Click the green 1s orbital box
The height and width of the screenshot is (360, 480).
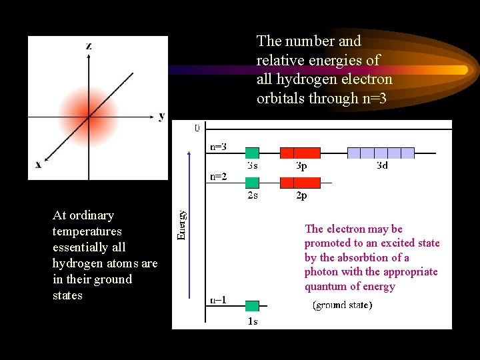pos(252,306)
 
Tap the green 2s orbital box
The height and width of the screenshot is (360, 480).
pos(252,182)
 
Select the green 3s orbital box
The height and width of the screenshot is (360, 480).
pos(252,153)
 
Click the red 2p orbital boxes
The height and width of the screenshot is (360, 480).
pos(300,182)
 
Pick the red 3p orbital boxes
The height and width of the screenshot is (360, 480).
pos(300,153)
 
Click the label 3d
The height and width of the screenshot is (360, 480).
pos(381,165)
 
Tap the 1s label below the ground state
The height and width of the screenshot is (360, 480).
pos(252,321)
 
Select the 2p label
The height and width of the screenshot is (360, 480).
pos(301,196)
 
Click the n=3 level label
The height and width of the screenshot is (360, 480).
pos(218,146)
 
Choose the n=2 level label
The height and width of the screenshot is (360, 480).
pos(218,177)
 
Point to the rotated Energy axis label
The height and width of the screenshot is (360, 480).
pos(181,225)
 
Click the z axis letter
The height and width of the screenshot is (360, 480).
pos(89,45)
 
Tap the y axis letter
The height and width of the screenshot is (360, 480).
pos(162,116)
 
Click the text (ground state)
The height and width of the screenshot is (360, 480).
pos(343,305)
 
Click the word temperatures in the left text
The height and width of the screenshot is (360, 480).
pos(87,231)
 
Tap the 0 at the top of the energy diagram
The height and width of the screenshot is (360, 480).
pos(197,127)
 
